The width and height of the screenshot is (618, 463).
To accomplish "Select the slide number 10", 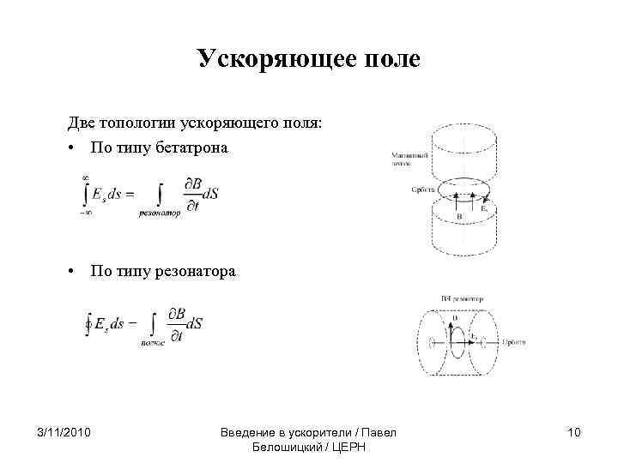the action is [x=573, y=432].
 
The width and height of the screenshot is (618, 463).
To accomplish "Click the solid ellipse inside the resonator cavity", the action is [x=457, y=341].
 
